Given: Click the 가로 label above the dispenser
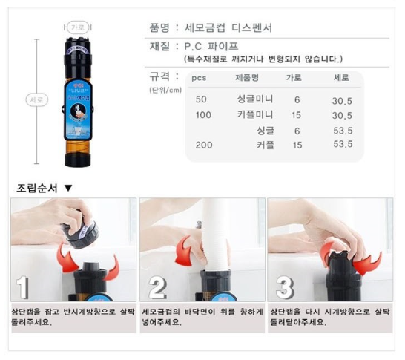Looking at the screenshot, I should pos(78,26).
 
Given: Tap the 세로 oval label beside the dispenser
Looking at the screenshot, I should pos(35,99).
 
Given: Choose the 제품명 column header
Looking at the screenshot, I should pos(247,76).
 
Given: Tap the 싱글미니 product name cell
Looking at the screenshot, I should pos(254,99).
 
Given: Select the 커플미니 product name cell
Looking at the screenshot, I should pos(254,114).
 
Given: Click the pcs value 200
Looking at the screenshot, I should pos(203,145).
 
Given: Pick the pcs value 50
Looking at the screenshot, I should pos(201,99).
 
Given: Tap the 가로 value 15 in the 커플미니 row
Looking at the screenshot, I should pos(297,114).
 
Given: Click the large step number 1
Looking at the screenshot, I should pos(24,286).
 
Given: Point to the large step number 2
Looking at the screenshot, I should pos(158,287).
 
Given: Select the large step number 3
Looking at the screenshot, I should pos(285,287).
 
